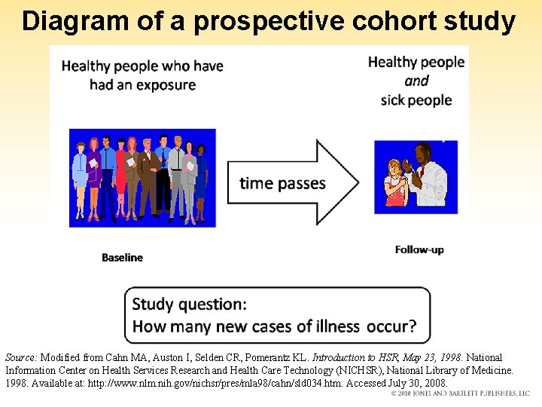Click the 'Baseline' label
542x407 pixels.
122,258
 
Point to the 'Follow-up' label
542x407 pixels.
419,249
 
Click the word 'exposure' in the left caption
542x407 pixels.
166,84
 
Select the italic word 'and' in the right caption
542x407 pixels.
416,81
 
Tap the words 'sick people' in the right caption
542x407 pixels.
416,100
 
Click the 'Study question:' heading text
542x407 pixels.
189,304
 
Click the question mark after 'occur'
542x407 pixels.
411,326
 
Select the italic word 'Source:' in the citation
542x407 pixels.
21,357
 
